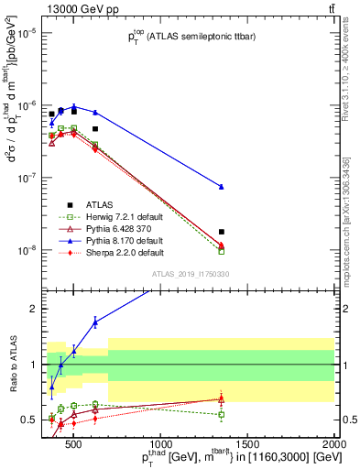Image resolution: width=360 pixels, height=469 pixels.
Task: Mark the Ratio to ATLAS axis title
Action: pos(12,364)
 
